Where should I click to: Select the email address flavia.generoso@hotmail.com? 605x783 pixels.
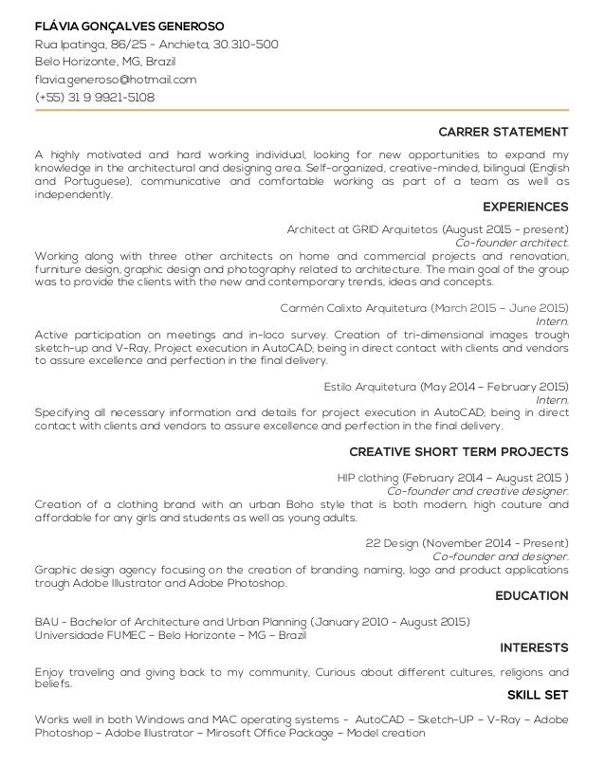coord(116,80)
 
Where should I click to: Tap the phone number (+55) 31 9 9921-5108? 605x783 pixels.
coord(95,98)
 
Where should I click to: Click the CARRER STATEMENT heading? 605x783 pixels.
coord(504,131)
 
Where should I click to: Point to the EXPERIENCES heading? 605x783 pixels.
coord(525,206)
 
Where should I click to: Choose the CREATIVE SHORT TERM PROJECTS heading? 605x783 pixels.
coord(459,450)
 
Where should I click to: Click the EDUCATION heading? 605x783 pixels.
coord(532,596)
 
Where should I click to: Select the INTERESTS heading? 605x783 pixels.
coord(534,647)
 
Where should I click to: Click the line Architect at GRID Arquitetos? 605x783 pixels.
coord(427,229)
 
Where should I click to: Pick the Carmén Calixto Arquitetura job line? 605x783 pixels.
coord(425,308)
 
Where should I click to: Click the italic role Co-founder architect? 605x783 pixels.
coord(513,243)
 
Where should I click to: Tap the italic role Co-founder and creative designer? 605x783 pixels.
coord(479,490)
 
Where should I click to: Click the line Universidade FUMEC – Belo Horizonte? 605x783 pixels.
coord(171,634)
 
